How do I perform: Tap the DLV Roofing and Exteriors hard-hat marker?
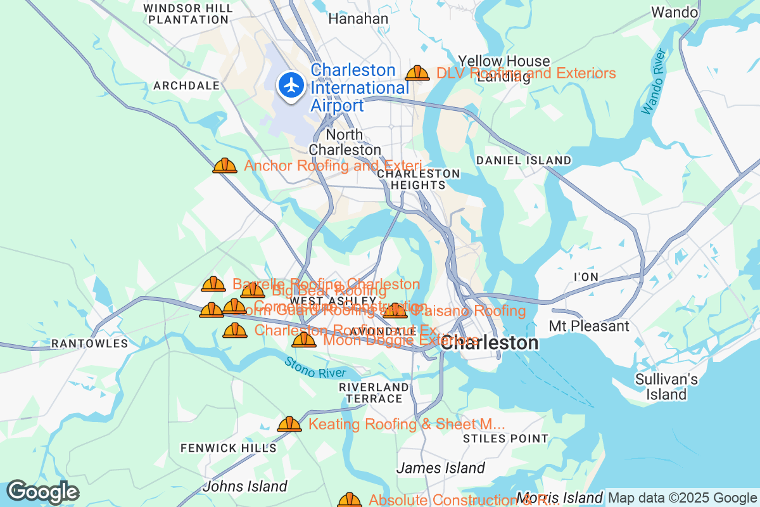[x=417, y=74]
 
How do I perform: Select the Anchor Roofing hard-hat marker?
[x=225, y=166]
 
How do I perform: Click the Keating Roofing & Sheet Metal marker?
[x=289, y=424]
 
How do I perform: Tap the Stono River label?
[x=314, y=369]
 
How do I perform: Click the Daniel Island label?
[x=523, y=160]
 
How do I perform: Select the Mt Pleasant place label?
[x=589, y=326]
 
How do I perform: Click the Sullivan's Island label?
[x=667, y=387]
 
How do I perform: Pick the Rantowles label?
[x=89, y=344]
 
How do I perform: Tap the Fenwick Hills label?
[x=229, y=448]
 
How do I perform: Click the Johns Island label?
[x=244, y=487]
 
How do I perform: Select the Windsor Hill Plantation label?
[x=187, y=13]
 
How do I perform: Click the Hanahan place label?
[x=358, y=19]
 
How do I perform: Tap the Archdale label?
[x=186, y=86]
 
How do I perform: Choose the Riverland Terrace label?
[x=374, y=393]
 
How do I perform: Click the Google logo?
[x=42, y=492]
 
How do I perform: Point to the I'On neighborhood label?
[x=585, y=277]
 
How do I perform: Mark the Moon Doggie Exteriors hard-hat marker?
[x=304, y=340]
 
